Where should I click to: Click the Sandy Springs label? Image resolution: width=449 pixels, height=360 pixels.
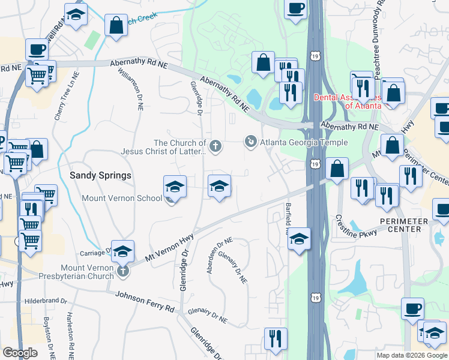pyautogui.click(x=100, y=175)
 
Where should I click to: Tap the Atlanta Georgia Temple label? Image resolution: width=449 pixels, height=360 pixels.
pyautogui.click(x=303, y=142)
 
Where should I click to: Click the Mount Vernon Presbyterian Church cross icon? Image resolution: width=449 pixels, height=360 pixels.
pyautogui.click(x=123, y=271)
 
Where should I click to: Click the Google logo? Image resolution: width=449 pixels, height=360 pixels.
pyautogui.click(x=20, y=352)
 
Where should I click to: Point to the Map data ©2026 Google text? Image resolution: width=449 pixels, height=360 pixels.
pyautogui.click(x=412, y=355)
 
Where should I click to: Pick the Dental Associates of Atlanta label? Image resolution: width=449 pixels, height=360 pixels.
pyautogui.click(x=348, y=101)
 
